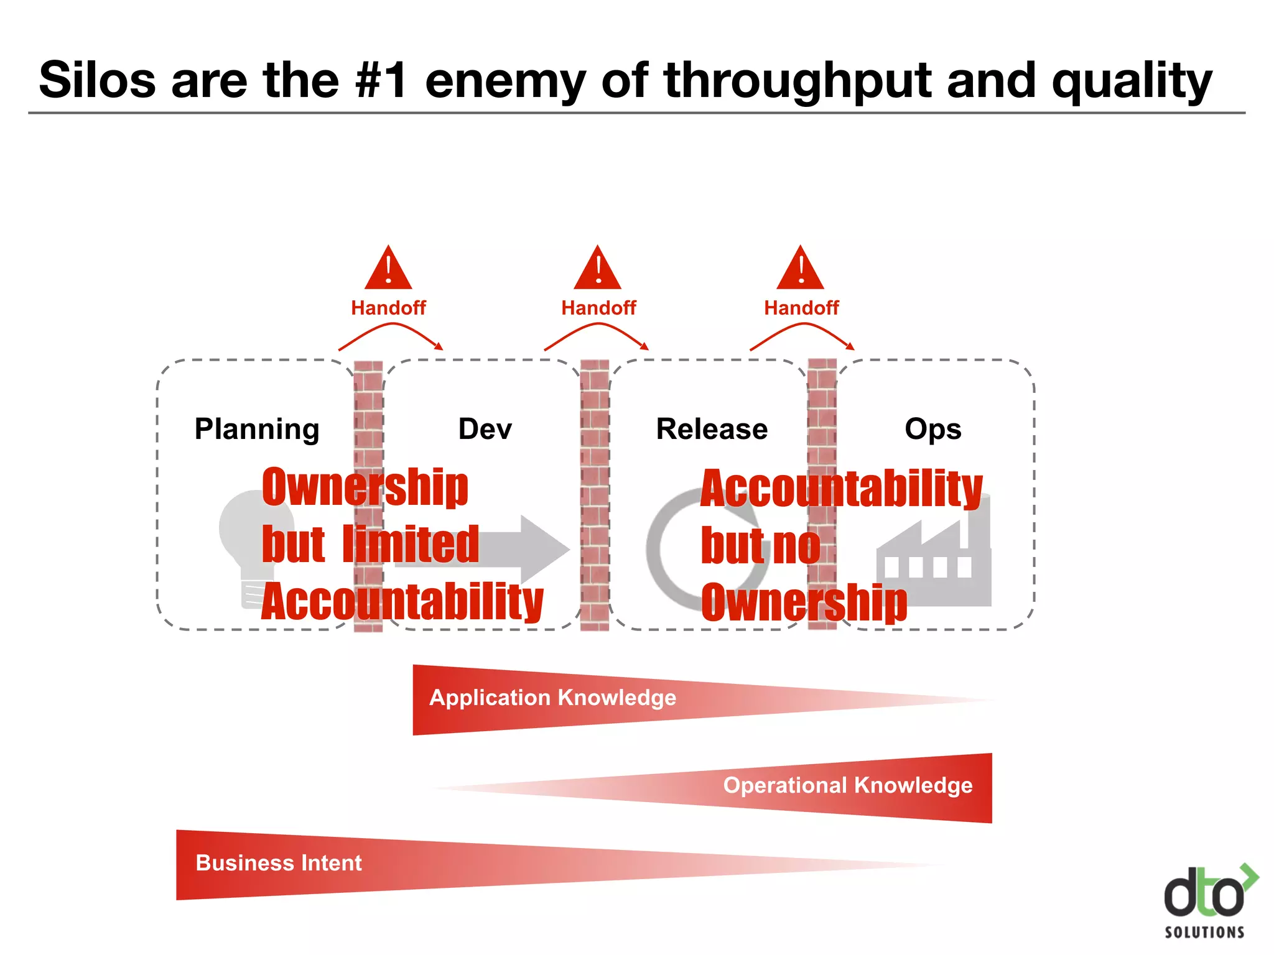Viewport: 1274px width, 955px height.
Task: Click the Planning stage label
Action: point(257,429)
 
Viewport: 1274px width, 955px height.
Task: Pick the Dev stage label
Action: point(485,429)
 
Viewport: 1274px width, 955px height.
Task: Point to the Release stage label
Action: point(712,429)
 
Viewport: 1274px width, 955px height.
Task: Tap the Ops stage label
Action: point(932,429)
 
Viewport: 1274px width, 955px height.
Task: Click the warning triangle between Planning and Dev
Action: point(388,269)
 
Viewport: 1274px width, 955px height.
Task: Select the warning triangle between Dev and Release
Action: point(597,269)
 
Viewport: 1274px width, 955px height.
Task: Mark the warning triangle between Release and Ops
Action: point(801,269)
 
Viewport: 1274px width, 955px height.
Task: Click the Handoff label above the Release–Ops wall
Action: point(801,308)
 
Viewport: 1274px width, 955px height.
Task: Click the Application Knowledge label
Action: point(552,698)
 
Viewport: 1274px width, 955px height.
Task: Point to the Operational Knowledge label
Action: point(847,785)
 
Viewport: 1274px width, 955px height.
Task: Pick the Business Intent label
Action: point(279,863)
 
